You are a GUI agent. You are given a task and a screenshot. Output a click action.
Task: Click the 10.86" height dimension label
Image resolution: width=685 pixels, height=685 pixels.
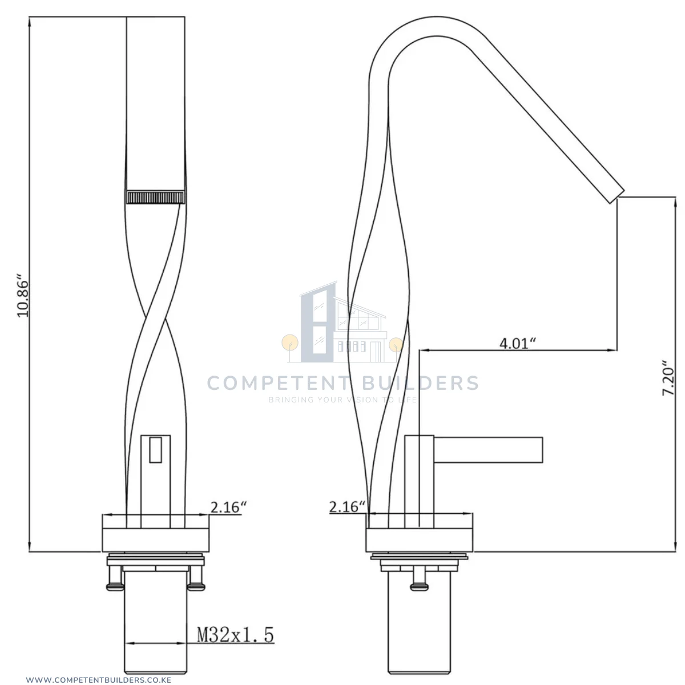23,295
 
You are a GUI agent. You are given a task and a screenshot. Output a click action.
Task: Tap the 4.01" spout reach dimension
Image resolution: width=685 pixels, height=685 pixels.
517,344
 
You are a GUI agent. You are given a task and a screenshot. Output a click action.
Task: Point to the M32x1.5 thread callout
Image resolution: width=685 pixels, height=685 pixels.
235,635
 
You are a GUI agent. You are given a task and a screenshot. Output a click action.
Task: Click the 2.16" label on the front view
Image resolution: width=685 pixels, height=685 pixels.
228,507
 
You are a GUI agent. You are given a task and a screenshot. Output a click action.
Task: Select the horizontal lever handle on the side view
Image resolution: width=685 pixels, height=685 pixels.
487,450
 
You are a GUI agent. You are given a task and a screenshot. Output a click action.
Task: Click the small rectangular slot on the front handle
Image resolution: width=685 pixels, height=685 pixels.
155,450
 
